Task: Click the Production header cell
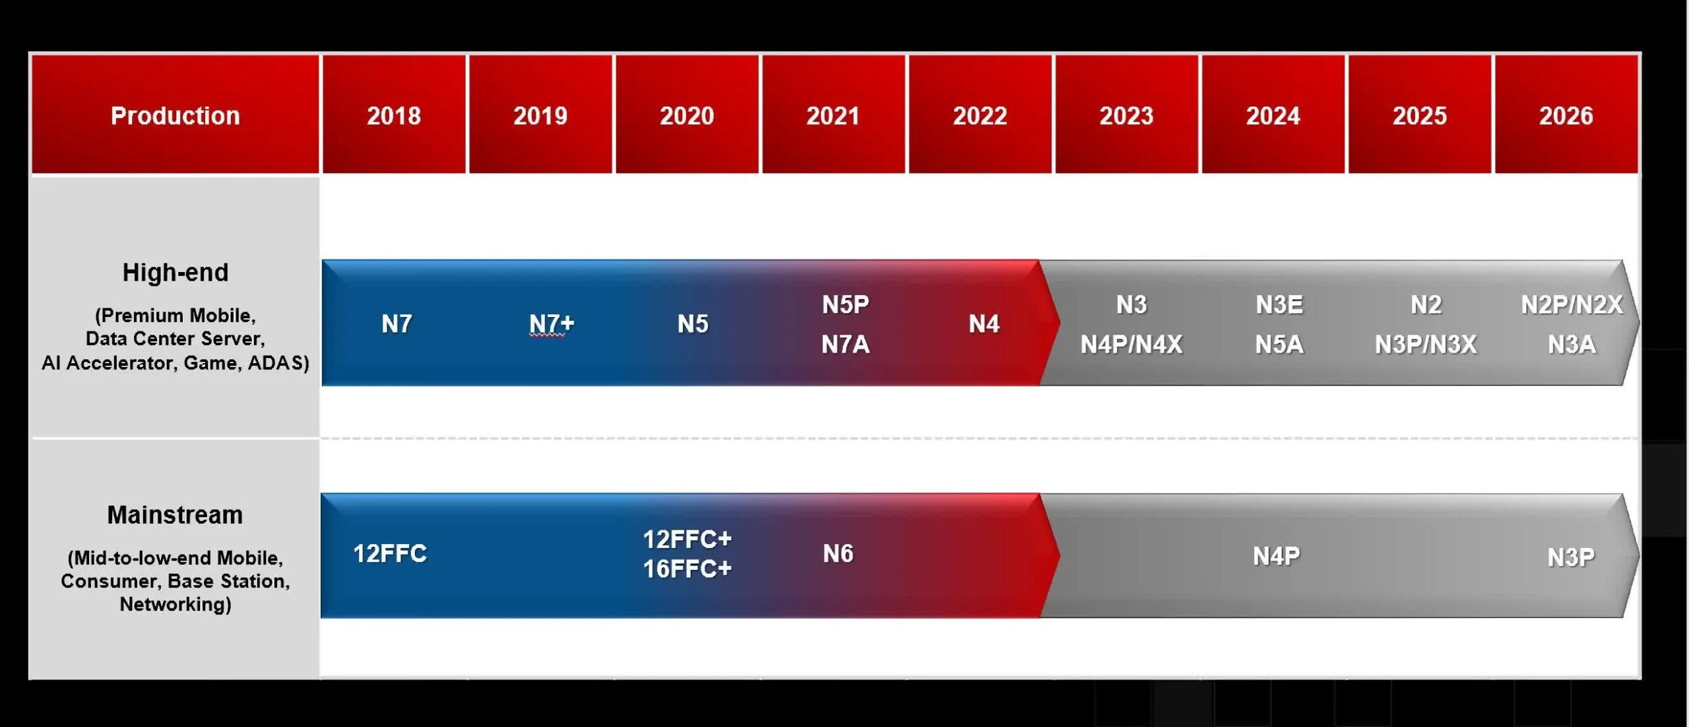tap(175, 115)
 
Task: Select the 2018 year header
tap(394, 115)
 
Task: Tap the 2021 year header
tap(833, 115)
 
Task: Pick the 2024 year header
tap(1273, 115)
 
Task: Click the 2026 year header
tap(1566, 115)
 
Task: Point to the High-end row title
tap(175, 272)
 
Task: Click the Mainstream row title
tap(175, 514)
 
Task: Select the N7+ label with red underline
tap(552, 324)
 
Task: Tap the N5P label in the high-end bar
tap(845, 304)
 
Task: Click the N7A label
tap(845, 344)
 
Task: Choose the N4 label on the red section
tap(984, 324)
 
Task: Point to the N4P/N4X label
tap(1131, 344)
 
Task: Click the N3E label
tap(1279, 304)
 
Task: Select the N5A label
tap(1279, 344)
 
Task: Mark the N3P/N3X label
tap(1426, 344)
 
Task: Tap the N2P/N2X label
tap(1572, 304)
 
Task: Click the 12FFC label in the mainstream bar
tap(390, 553)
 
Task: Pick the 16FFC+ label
tap(687, 569)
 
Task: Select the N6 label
tap(838, 553)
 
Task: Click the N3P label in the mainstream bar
tap(1571, 557)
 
